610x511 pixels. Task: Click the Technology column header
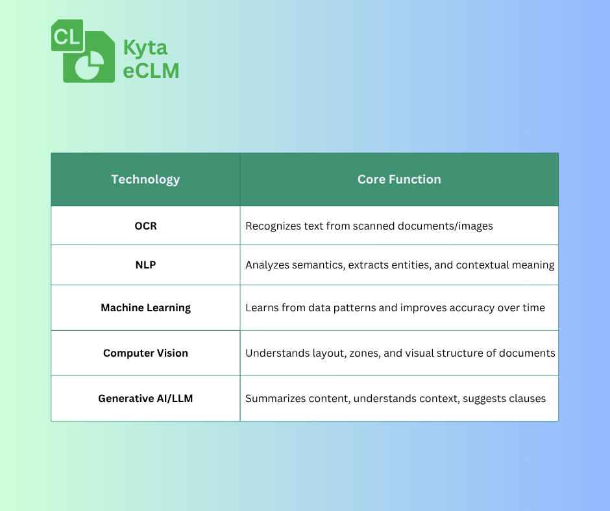point(145,179)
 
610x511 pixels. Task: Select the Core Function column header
point(399,179)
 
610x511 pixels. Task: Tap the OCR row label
point(145,226)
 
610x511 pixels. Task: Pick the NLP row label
point(145,265)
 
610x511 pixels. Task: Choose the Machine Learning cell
point(145,307)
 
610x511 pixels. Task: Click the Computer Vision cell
point(145,353)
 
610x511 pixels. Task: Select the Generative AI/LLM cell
point(145,398)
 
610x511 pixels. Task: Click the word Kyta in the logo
point(145,49)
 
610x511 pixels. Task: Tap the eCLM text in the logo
point(151,71)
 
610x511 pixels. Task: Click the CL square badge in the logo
point(67,36)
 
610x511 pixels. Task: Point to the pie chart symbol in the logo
point(90,65)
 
